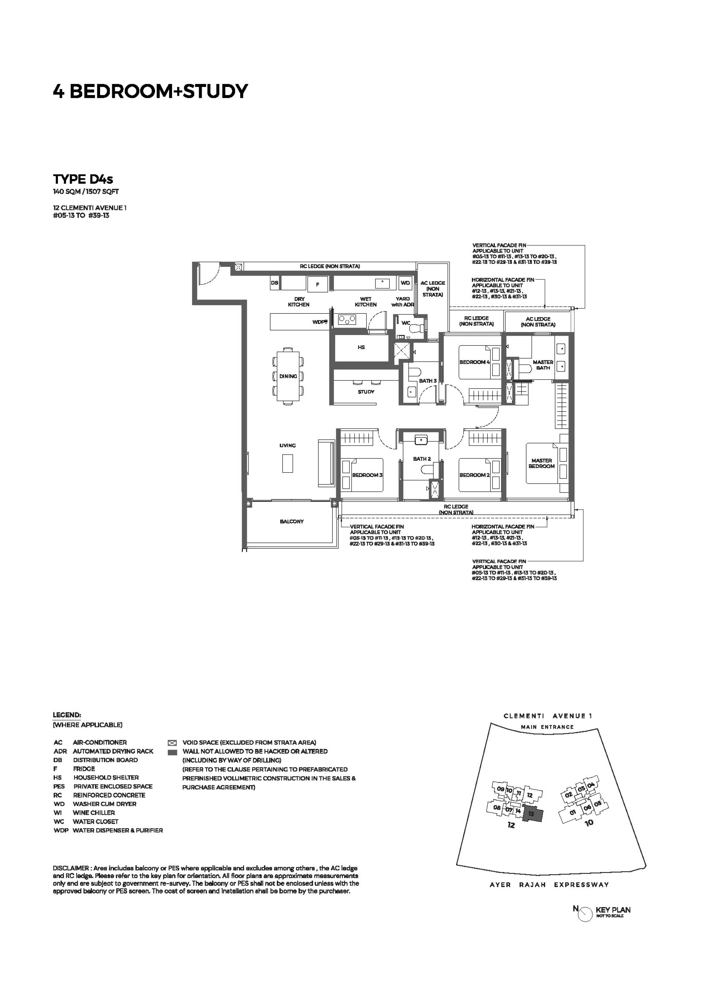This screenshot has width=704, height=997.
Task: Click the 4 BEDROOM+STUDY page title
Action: [x=150, y=91]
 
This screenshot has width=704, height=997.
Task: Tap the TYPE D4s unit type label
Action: [x=83, y=179]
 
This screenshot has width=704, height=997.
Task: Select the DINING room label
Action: [x=288, y=376]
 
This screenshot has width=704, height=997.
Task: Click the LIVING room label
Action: [x=287, y=445]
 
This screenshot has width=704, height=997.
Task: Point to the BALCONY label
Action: [x=291, y=521]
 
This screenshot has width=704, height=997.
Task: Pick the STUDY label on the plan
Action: [x=366, y=392]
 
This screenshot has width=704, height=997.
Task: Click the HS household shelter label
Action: [x=361, y=348]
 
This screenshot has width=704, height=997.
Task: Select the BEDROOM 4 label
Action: [x=475, y=362]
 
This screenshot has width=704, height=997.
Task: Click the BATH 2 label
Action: [x=422, y=459]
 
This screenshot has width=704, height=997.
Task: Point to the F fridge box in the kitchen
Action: [x=318, y=284]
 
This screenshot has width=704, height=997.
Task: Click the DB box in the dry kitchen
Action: [x=275, y=283]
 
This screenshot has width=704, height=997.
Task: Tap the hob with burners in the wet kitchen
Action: [x=347, y=320]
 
